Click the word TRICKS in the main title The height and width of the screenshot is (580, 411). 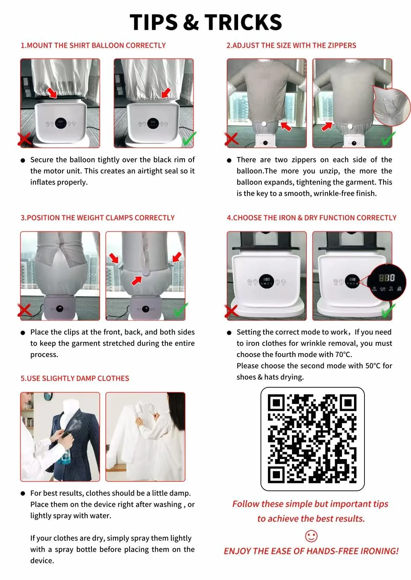(x=243, y=22)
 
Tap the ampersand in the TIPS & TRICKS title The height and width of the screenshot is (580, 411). (x=191, y=22)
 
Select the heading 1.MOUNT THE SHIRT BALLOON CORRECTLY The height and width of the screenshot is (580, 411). (x=93, y=46)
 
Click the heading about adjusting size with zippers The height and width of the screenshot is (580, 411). (x=291, y=46)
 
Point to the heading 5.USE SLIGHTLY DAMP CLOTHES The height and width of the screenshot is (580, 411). (x=75, y=378)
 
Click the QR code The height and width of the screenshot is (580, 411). (x=313, y=439)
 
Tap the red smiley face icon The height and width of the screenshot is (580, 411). (x=311, y=536)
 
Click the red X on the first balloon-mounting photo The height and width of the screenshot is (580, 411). (x=24, y=139)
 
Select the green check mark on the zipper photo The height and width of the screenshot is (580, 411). (x=389, y=138)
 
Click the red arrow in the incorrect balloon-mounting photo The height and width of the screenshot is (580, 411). (x=52, y=93)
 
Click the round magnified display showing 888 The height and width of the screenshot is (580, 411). (x=387, y=282)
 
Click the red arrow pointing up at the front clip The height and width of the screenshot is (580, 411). (x=137, y=281)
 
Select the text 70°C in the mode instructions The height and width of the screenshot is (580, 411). (x=343, y=354)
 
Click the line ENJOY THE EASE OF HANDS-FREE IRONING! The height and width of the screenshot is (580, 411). (x=311, y=551)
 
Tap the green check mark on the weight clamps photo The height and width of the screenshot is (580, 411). (x=181, y=309)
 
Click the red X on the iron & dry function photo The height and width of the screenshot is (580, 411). (x=231, y=311)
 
